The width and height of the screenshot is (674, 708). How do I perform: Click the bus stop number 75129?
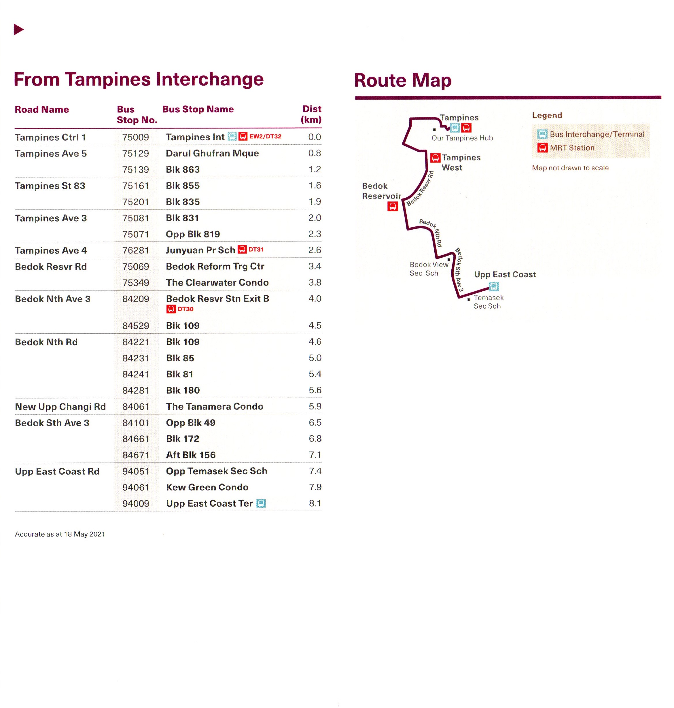(135, 154)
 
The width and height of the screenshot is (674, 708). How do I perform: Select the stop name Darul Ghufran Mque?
(212, 154)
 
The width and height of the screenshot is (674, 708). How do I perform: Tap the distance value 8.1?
(315, 503)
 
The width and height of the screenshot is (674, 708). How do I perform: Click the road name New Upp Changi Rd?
(60, 407)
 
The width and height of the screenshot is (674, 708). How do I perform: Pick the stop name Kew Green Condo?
(207, 487)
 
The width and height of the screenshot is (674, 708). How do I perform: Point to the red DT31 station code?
(256, 250)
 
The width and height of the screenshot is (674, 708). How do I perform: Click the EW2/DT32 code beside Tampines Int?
(265, 137)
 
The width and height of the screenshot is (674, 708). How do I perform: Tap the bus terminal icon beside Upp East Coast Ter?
(261, 503)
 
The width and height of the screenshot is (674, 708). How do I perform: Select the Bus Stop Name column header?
(198, 109)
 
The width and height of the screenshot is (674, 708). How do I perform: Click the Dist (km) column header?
(311, 114)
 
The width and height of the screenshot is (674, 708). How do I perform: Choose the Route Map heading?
(402, 80)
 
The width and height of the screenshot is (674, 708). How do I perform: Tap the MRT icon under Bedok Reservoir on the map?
(392, 206)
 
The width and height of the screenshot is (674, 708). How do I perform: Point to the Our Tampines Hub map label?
(462, 138)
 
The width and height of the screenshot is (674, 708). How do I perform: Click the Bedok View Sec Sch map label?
(429, 269)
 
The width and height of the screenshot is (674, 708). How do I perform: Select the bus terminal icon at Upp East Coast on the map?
(494, 286)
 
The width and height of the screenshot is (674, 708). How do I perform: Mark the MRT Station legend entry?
(572, 148)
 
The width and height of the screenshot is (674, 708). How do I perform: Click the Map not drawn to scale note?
(570, 168)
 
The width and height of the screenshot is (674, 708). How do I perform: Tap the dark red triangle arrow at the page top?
(18, 29)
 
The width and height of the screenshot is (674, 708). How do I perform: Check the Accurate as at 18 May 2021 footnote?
(60, 534)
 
